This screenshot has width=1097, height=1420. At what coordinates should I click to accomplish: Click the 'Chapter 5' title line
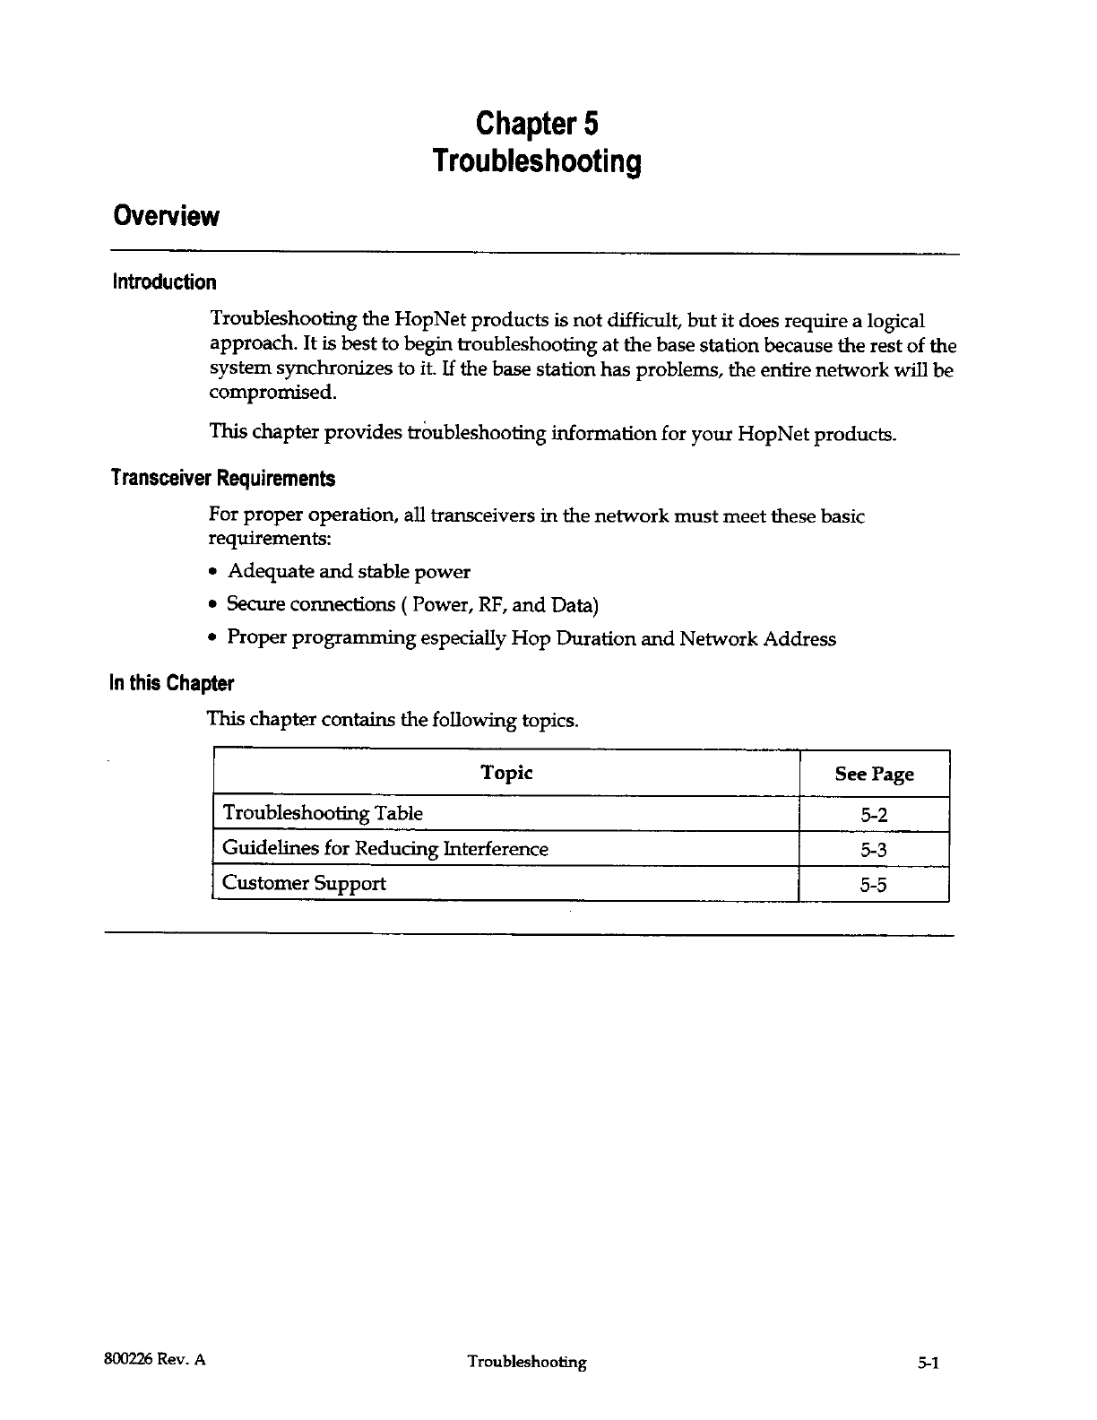point(537,122)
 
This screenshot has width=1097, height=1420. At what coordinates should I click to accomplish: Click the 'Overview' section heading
point(165,216)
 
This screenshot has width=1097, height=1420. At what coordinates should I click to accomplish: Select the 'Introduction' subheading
point(164,282)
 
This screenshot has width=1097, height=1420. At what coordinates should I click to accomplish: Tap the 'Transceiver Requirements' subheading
point(222,479)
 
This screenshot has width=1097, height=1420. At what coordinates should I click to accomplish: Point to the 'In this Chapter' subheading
point(171,684)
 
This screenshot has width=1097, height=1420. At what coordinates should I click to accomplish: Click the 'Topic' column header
point(506,773)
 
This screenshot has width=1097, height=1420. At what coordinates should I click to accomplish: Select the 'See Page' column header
point(874,775)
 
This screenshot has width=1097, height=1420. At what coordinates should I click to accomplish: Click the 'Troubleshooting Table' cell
point(323,813)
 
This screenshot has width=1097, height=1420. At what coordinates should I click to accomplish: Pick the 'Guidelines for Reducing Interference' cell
point(385,848)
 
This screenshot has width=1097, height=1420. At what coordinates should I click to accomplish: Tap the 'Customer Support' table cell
point(304,883)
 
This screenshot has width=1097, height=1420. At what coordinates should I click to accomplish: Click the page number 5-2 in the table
point(874,815)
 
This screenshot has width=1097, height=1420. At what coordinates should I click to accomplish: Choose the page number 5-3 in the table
point(874,850)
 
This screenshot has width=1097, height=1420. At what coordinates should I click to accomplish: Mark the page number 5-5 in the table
point(874,885)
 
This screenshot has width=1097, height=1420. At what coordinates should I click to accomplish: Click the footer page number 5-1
point(927,1364)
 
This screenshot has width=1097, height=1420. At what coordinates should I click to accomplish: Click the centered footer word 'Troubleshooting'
point(527,1363)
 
